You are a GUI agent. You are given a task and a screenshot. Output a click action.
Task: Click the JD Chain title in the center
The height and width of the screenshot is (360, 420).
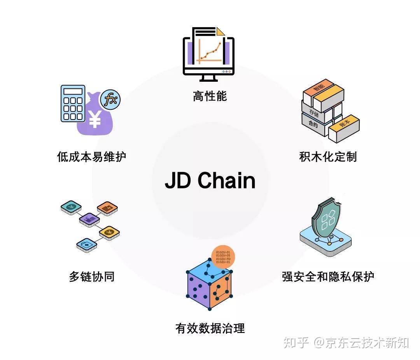[x=210, y=181]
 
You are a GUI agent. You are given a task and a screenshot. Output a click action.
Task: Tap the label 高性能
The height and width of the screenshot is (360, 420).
[x=210, y=96]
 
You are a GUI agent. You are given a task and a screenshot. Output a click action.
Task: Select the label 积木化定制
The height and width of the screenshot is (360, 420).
[x=328, y=157]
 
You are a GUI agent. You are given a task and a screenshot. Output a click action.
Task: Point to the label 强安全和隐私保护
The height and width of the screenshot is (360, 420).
[x=328, y=277]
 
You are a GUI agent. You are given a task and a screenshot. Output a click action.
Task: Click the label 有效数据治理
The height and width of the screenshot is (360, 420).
[x=210, y=328]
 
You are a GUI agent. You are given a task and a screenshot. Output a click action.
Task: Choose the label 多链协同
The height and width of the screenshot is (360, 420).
[x=92, y=277]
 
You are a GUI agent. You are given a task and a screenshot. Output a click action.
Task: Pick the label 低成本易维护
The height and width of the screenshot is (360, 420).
[x=92, y=157]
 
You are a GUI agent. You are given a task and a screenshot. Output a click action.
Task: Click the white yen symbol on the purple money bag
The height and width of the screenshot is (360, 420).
[x=94, y=119]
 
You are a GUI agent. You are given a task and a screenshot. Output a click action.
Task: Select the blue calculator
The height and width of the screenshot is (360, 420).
[x=73, y=103]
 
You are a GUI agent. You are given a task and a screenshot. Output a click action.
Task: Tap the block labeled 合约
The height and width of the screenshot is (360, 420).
[x=313, y=124]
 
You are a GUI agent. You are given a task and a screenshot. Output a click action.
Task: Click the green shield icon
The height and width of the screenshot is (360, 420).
[x=326, y=220]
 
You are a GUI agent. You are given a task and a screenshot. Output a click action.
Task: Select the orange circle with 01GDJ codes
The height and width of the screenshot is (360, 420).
[x=223, y=257]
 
